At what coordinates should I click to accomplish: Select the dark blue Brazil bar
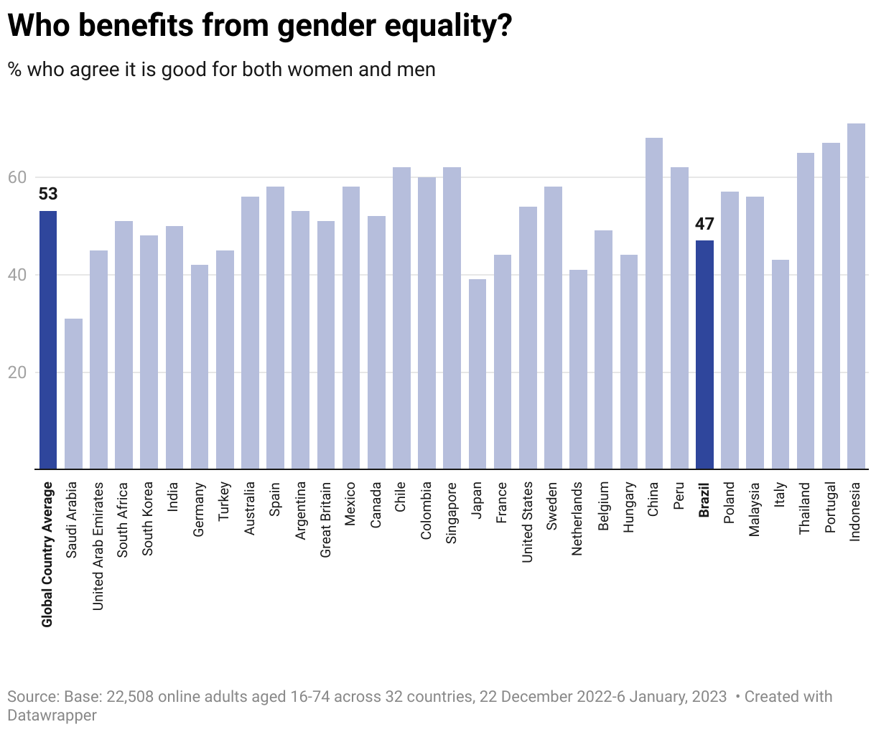point(704,355)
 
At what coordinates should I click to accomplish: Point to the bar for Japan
point(477,374)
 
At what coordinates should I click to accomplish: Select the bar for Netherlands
point(578,369)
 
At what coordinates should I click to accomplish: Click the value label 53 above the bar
point(48,194)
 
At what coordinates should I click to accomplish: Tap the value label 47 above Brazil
point(704,224)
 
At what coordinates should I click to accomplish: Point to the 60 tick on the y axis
point(17,177)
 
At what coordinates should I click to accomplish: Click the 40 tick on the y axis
point(17,275)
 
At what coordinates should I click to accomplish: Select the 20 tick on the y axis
point(17,372)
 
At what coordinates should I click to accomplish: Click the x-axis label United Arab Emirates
point(98,546)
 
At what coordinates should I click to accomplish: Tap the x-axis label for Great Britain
point(325,520)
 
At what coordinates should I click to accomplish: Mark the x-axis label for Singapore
point(452,512)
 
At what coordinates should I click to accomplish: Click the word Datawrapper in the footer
point(52,715)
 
